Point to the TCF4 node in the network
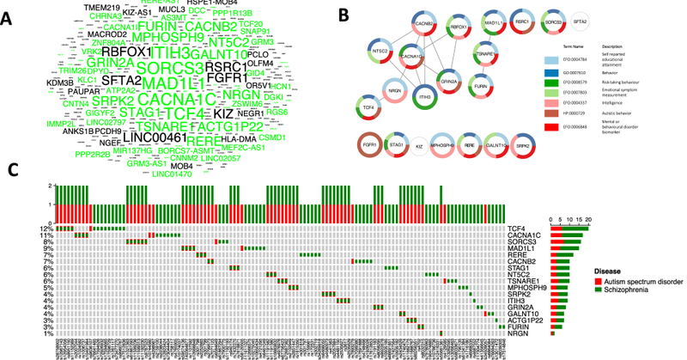[368, 107]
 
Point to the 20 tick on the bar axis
[587, 219]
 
